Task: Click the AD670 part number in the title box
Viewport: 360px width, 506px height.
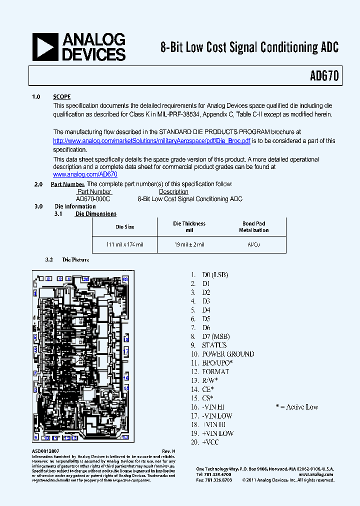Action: point(324,76)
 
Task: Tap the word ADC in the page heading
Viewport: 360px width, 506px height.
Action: point(329,47)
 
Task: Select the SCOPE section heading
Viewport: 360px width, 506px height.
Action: point(62,97)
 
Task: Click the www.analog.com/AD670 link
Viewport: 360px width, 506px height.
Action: point(85,174)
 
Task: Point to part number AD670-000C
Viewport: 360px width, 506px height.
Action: point(93,199)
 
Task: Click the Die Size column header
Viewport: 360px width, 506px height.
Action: point(124,227)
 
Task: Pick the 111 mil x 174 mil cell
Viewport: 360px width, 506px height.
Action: point(124,244)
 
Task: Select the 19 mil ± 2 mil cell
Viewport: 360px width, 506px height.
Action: point(189,244)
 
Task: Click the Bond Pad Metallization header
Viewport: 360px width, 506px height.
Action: point(253,227)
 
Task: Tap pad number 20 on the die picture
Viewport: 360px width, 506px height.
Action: point(86,278)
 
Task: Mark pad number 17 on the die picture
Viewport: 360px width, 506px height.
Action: point(126,352)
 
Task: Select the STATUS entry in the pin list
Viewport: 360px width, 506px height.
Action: point(214,345)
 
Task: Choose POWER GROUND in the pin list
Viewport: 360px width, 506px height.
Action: point(227,354)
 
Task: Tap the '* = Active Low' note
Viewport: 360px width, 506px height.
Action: point(296,407)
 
